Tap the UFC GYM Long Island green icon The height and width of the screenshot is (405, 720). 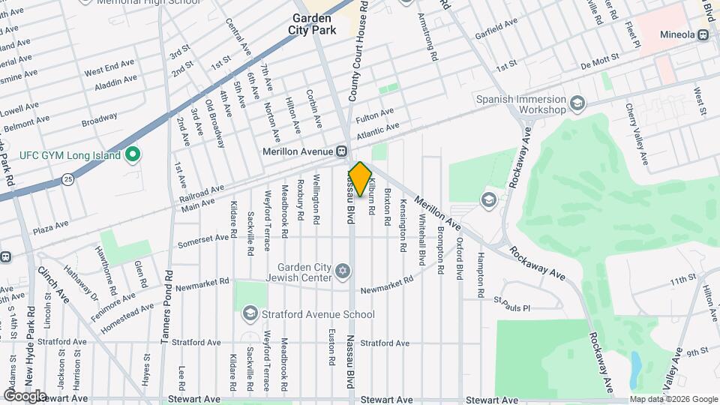[x=133, y=155]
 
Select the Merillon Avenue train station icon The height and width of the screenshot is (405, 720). [x=340, y=151]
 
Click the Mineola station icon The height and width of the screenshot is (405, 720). [x=703, y=34]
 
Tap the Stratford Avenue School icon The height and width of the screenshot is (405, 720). [x=250, y=314]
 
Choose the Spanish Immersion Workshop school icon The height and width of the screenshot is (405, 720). [x=577, y=103]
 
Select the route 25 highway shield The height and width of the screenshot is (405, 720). [x=68, y=179]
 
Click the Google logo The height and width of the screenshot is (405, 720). [x=25, y=395]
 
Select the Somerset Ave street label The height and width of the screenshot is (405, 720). [x=202, y=241]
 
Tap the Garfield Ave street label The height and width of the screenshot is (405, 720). [x=496, y=28]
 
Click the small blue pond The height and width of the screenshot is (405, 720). [x=636, y=366]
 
